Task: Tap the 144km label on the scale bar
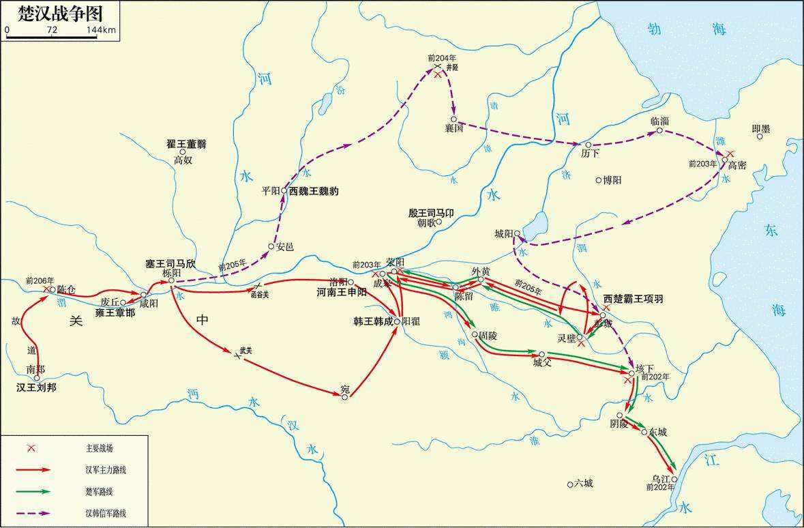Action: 101,31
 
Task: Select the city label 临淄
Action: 659,121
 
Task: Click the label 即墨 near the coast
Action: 760,128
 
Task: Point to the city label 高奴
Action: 183,160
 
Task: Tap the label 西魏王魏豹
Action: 314,192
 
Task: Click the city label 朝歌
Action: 427,222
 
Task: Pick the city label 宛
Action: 345,390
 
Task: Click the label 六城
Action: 583,483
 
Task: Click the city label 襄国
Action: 453,128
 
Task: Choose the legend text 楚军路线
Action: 101,491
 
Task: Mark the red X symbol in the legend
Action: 30,448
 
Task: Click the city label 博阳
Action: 611,180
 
